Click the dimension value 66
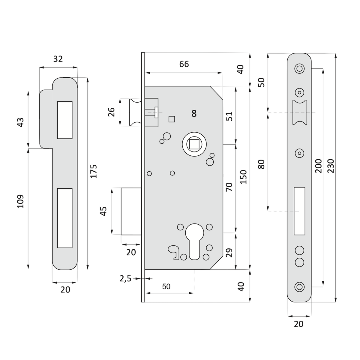pos(184,64)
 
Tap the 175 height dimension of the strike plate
pos(94,171)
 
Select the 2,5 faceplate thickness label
pos(125,279)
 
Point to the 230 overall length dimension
pos(331,166)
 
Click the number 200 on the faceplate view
pos(319,166)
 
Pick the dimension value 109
pos(20,201)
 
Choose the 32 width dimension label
pos(58,59)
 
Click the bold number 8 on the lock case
pos(194,113)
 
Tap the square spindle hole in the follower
pos(194,144)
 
